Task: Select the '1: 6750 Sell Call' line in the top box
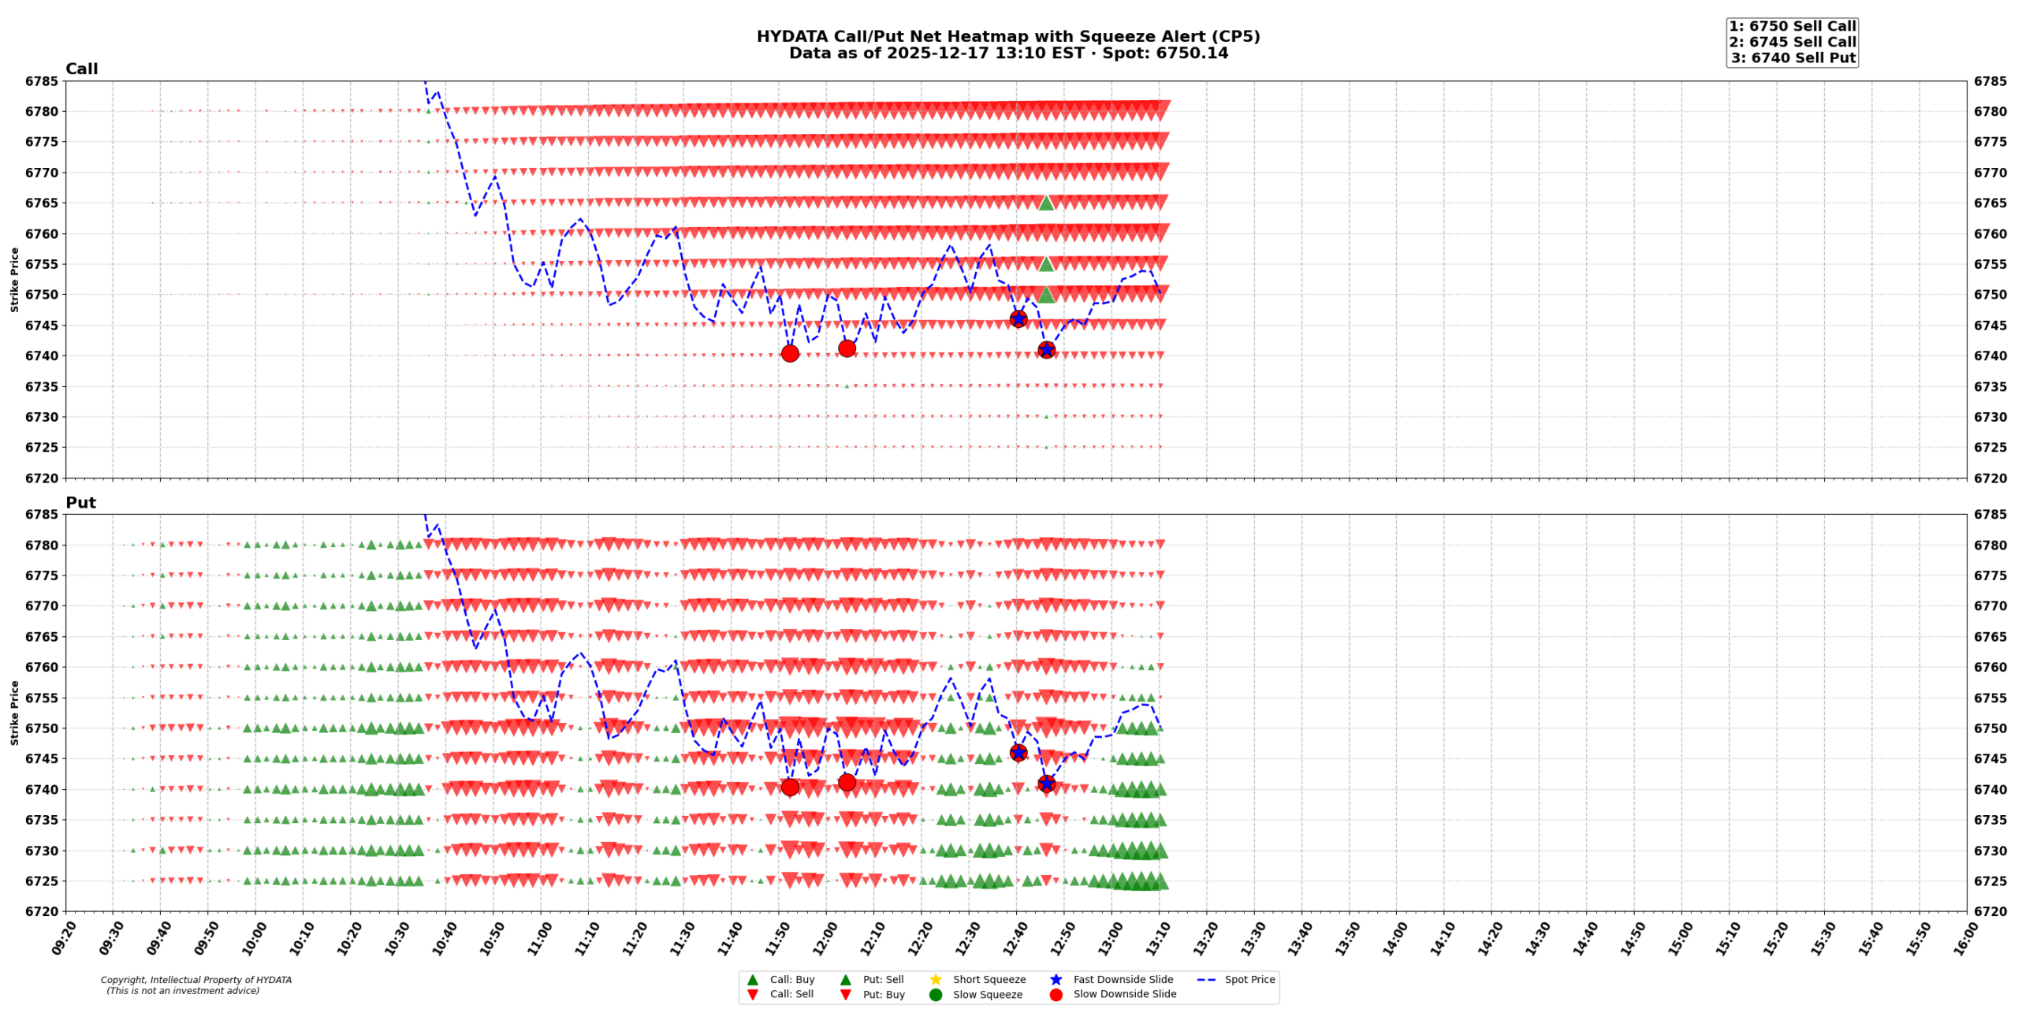click(x=1792, y=27)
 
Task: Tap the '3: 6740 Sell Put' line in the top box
click(x=1793, y=58)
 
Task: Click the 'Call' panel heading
click(x=81, y=69)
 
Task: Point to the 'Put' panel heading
click(x=80, y=503)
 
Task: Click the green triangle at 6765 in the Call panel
click(x=1046, y=203)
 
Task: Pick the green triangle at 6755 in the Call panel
click(x=1046, y=264)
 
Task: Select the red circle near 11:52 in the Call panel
click(x=790, y=353)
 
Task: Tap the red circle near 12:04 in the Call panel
click(x=847, y=348)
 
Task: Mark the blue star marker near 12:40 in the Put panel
click(x=1018, y=753)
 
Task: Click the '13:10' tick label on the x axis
click(x=1158, y=939)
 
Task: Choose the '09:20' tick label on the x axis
click(x=64, y=939)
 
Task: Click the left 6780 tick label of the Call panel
click(x=41, y=112)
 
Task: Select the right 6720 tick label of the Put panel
click(x=1990, y=912)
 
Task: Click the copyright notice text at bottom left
click(x=195, y=985)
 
